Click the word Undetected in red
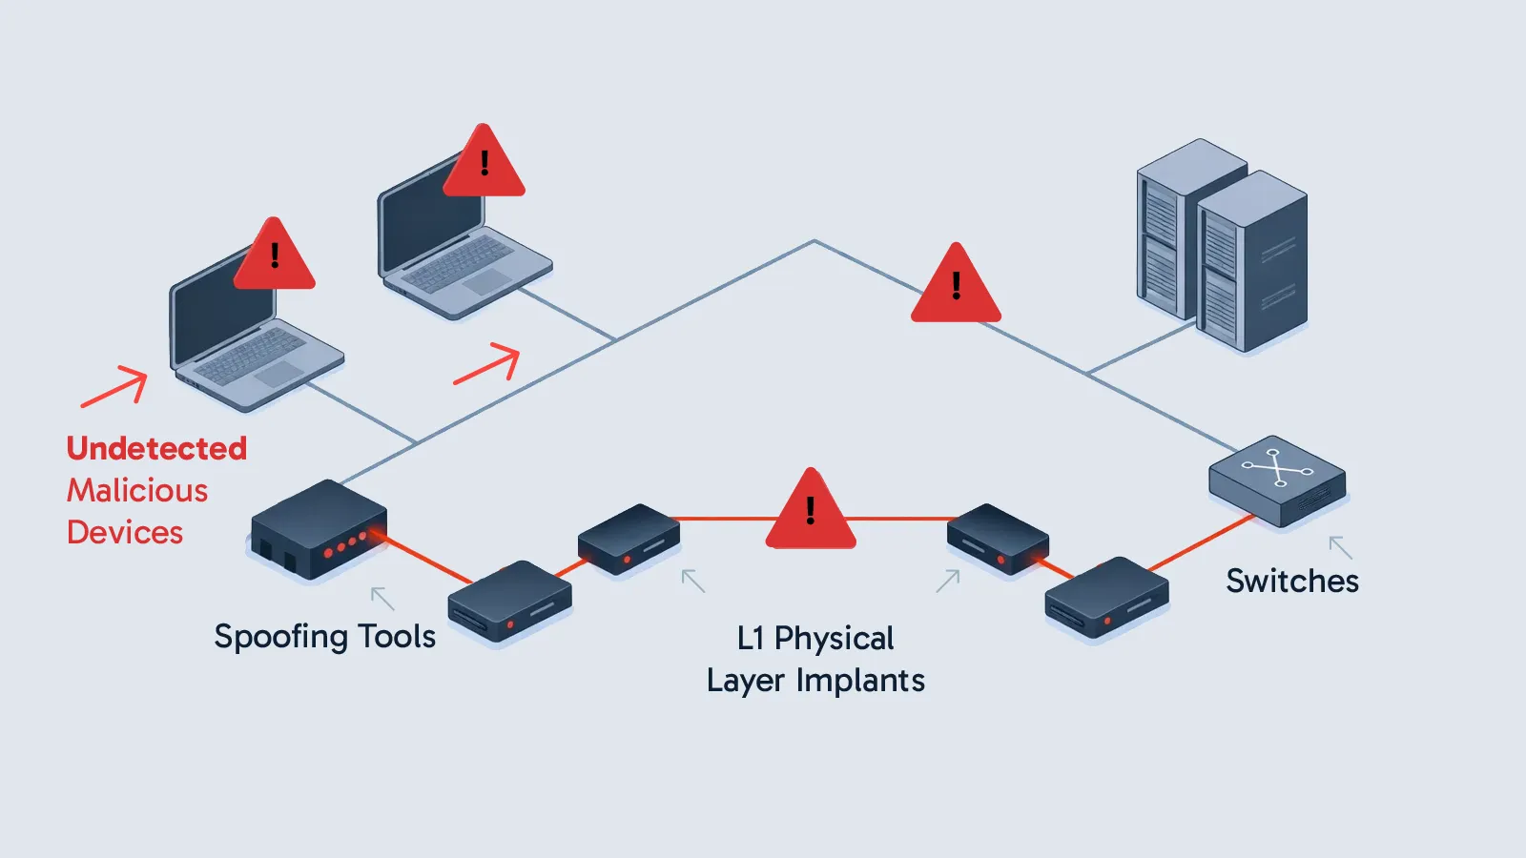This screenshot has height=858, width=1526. [156, 448]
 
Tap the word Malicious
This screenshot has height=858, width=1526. [137, 490]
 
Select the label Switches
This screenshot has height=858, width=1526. [1292, 581]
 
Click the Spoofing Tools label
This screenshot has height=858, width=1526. [324, 636]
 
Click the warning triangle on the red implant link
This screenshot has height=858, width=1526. [811, 513]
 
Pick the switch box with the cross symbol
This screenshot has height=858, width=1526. [1277, 480]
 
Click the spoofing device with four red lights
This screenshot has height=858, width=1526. [319, 529]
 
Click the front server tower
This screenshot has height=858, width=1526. [1251, 262]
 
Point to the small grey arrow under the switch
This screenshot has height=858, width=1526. [1340, 547]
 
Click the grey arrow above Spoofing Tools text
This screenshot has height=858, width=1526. [382, 599]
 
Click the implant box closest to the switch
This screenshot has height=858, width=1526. [1106, 597]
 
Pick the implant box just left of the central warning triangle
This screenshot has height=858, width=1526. [629, 539]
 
